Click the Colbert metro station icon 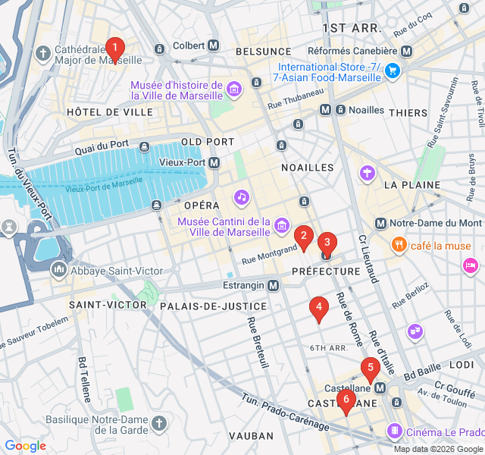pos(214,45)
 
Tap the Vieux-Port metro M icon pos(214,162)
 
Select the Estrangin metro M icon pos(274,285)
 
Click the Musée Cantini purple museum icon pos(282,224)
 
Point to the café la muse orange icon pos(398,245)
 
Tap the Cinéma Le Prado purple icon pos(395,431)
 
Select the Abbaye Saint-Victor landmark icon pos(58,270)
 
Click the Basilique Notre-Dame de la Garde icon pos(158,422)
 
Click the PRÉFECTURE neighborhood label pos(326,271)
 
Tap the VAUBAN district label pos(251,435)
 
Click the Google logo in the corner pos(25,446)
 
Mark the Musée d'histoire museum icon pos(234,91)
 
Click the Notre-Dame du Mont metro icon pos(381,223)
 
